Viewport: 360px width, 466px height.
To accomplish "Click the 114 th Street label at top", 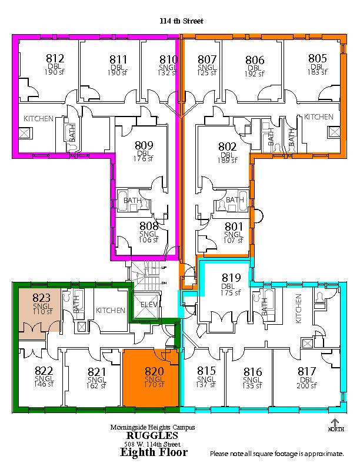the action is tap(182, 21).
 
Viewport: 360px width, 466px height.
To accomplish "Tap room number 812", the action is tap(55, 58).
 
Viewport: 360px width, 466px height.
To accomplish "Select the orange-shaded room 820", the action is tap(151, 377).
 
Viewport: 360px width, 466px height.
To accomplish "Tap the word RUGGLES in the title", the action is tap(152, 435).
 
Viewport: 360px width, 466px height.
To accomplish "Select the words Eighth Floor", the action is tap(154, 452).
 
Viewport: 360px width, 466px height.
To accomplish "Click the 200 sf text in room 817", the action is tap(306, 386).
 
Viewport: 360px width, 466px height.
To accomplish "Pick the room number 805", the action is tap(318, 58).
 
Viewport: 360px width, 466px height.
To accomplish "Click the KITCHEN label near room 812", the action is tap(38, 119).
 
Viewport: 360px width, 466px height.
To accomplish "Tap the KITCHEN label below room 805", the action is tap(318, 117).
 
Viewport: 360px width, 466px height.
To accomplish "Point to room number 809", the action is tap(144, 145).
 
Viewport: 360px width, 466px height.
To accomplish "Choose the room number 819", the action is tap(231, 278).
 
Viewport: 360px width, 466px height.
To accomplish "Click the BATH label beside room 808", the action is tap(132, 200).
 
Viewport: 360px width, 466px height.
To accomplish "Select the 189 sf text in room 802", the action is tap(228, 161).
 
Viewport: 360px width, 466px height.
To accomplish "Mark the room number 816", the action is tap(253, 372).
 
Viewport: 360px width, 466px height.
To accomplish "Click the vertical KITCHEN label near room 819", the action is tap(298, 308).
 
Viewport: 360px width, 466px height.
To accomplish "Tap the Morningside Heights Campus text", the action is tap(153, 427).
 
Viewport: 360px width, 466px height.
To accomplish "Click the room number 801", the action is tap(234, 227).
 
